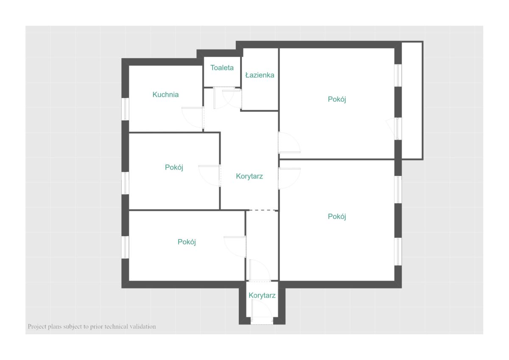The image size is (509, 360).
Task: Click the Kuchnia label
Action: click(165, 95)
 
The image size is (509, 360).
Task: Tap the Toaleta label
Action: click(222, 68)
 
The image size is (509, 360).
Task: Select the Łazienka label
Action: click(260, 75)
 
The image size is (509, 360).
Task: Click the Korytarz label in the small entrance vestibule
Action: click(262, 295)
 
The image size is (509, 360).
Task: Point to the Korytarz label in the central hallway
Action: click(249, 176)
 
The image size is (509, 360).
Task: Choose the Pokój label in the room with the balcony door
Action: click(337, 99)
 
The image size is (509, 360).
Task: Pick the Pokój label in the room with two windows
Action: click(337, 216)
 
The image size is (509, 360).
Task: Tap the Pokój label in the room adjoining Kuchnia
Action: click(174, 167)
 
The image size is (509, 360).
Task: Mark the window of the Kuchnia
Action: click(125, 109)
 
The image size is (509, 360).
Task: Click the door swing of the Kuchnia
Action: click(193, 117)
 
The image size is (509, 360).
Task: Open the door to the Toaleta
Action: click(224, 98)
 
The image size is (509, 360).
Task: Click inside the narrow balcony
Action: click(412, 100)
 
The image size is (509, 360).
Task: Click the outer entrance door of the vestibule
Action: click(262, 311)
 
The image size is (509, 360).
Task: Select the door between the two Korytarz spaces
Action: click(260, 270)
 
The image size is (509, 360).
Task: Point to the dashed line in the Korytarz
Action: click(263, 210)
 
